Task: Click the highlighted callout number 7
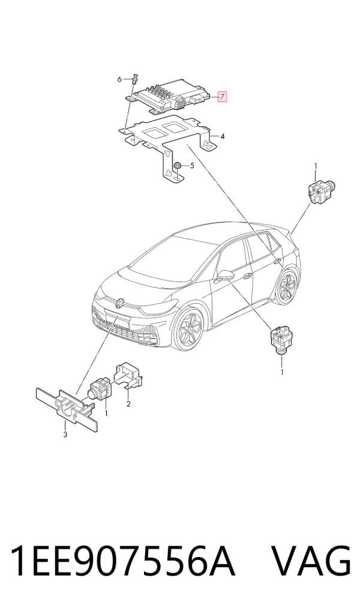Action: tap(221, 96)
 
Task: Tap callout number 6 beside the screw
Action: tap(119, 79)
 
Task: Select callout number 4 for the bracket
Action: tap(222, 136)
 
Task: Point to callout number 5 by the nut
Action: tap(191, 166)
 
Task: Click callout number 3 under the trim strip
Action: tap(65, 435)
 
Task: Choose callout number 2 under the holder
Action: tap(128, 404)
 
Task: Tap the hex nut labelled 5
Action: tap(177, 166)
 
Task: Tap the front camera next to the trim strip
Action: tap(101, 388)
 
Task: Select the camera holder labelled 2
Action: tap(128, 376)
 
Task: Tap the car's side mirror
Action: tap(225, 275)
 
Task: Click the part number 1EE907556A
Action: tap(123, 561)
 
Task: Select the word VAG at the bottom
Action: tap(311, 561)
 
